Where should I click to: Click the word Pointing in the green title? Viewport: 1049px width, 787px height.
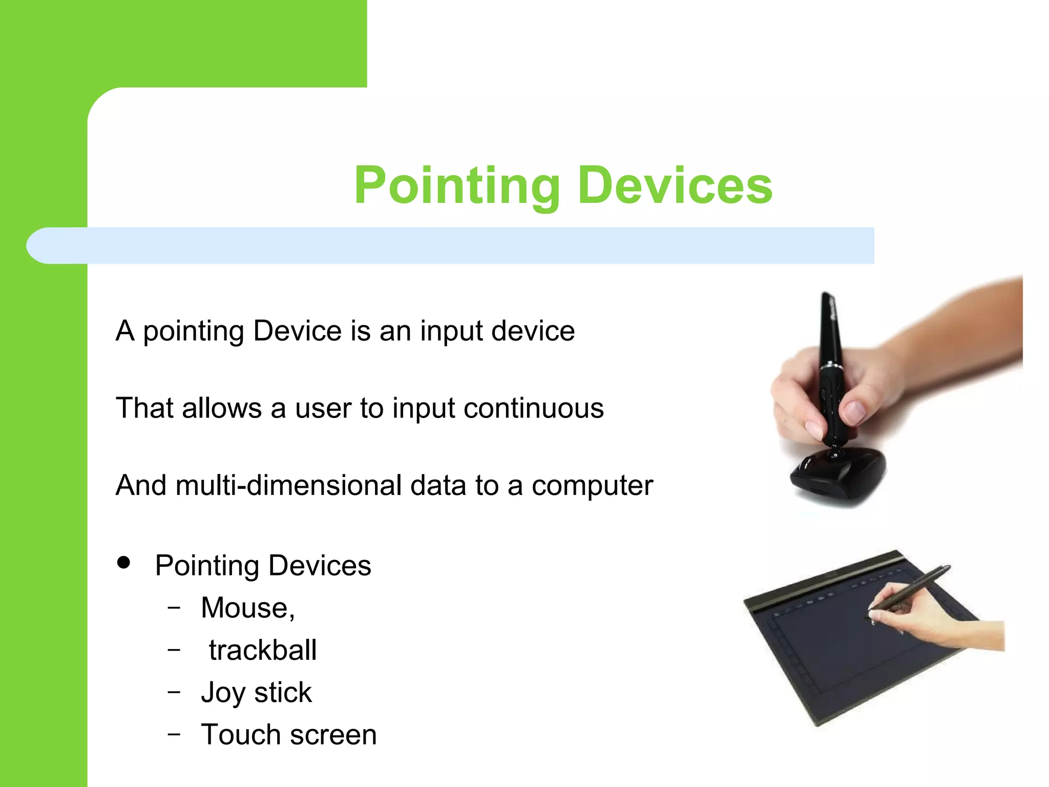(457, 187)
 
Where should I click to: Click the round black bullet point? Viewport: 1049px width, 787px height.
(123, 563)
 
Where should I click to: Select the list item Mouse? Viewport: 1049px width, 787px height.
(247, 608)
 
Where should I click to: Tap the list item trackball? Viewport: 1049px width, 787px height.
(263, 651)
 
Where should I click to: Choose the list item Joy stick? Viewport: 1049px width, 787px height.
(256, 693)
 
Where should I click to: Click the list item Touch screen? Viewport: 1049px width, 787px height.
(288, 735)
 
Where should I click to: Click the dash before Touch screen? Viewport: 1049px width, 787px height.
(174, 734)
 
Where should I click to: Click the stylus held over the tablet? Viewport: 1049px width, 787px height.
(912, 589)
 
